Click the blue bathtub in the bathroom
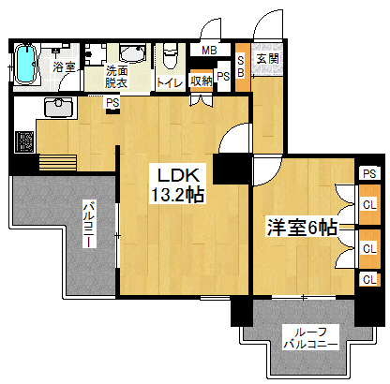(25, 65)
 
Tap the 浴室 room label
(64, 66)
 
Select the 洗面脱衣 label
(116, 77)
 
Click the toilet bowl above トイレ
(171, 57)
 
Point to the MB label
(209, 51)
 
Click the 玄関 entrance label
(268, 59)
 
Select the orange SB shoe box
(243, 66)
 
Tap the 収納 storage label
(202, 81)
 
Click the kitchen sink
(59, 107)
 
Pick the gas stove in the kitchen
(24, 141)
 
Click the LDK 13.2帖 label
(177, 185)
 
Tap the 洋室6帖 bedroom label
(302, 228)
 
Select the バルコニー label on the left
(89, 225)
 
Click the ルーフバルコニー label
(310, 338)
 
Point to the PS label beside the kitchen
(112, 103)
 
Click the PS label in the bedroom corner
(369, 173)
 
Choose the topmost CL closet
(369, 205)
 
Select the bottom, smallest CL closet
(369, 280)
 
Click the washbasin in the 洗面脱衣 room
(132, 53)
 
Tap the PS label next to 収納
(223, 77)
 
